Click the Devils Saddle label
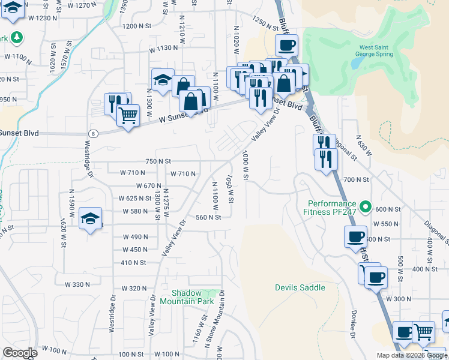point(300,287)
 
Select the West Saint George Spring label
point(376,50)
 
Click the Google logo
point(19,353)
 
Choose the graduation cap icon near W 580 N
point(90,218)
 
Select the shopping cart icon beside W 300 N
point(424,331)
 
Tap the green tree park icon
point(17,38)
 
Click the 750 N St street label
point(158,161)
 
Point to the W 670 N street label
point(149,186)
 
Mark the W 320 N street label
point(134,289)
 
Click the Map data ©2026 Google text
point(411,355)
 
